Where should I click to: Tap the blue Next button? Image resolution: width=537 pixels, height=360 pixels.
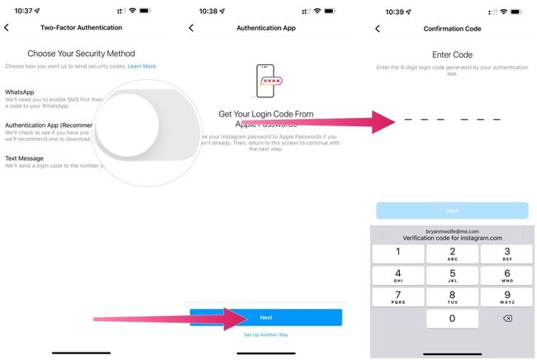pos(266,317)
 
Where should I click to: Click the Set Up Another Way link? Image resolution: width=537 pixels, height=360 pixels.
pos(266,334)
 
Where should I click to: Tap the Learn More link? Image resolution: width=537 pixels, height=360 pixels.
pos(142,66)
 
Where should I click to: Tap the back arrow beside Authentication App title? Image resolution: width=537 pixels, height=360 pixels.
pos(192,28)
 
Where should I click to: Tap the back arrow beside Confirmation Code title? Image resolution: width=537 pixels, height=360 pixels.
pos(378,28)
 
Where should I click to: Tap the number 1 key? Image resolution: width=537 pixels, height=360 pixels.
pos(398,253)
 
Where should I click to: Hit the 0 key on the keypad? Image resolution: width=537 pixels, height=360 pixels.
pos(452,319)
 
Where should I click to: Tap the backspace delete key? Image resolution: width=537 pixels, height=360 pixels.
pos(506,319)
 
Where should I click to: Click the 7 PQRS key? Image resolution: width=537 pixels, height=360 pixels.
pos(398,297)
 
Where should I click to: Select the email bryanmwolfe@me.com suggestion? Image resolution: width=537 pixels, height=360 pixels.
pos(452,232)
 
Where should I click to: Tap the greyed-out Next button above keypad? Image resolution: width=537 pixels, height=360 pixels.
pos(452,211)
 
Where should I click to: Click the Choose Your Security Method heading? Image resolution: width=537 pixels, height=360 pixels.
pos(81,53)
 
